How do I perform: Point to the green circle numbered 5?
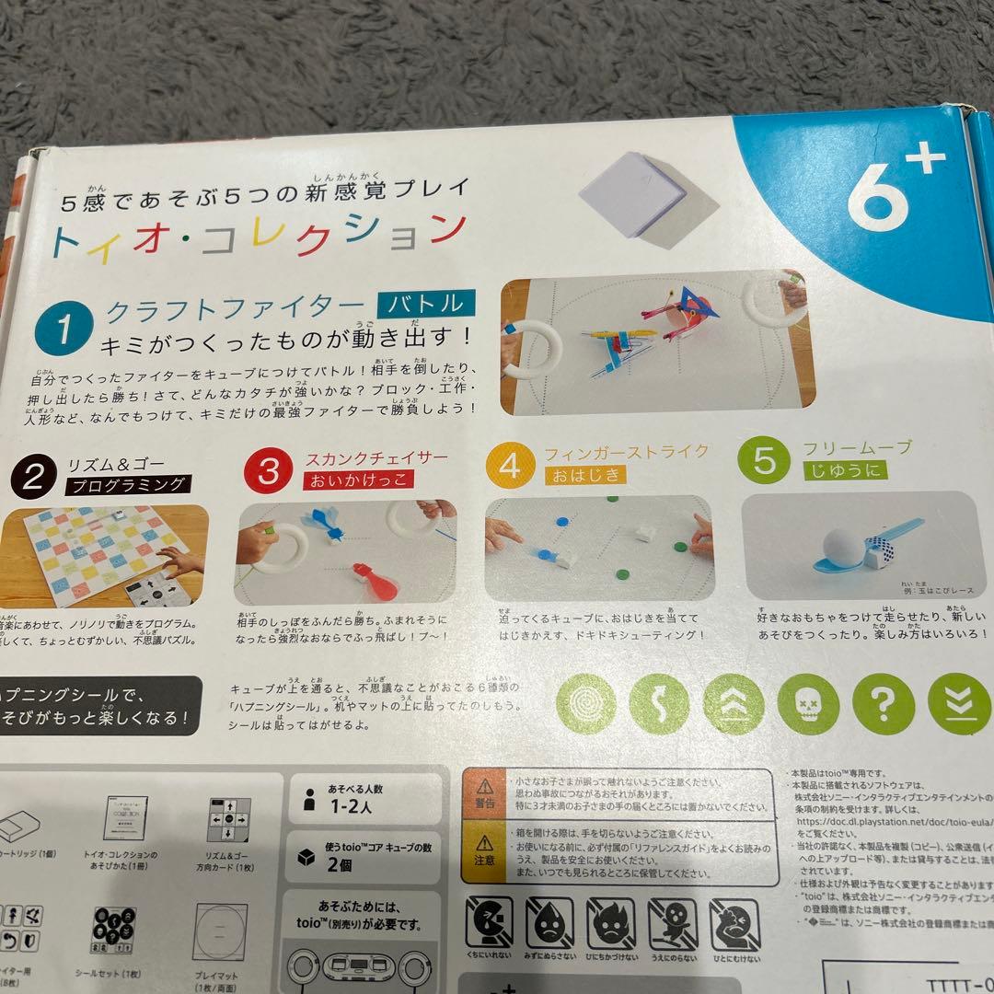(x=765, y=460)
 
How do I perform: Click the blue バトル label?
(x=427, y=305)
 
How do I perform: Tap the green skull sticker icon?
(x=808, y=704)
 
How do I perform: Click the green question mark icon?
(x=883, y=704)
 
